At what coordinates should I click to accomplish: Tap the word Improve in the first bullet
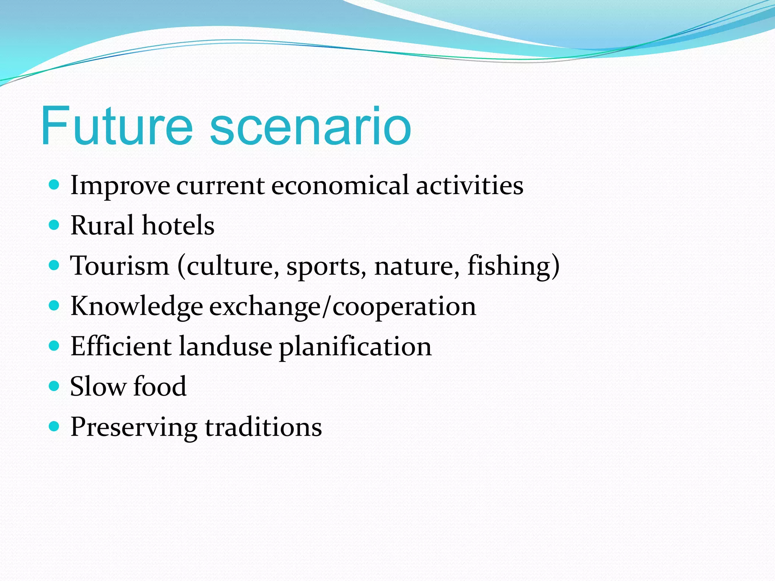tap(120, 186)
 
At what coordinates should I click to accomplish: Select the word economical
tap(339, 186)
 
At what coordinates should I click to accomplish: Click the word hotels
tap(178, 226)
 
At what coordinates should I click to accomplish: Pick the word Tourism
tap(120, 266)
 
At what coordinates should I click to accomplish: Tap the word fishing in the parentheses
tap(509, 266)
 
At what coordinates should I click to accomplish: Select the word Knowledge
tap(136, 306)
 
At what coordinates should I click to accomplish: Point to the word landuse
tap(225, 346)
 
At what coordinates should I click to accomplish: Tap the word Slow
tap(98, 387)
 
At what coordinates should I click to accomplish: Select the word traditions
tap(263, 427)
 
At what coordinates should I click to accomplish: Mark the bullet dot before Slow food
tap(54, 386)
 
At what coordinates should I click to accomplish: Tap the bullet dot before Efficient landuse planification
tap(54, 346)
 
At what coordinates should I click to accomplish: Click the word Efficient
tap(121, 346)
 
